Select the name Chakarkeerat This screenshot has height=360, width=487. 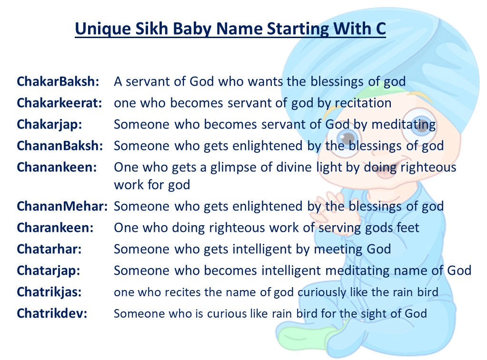click(x=60, y=103)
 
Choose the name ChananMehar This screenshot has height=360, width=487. click(x=62, y=206)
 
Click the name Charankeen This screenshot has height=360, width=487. click(x=55, y=228)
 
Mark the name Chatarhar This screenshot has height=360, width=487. click(x=49, y=249)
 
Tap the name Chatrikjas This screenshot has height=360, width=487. click(x=49, y=292)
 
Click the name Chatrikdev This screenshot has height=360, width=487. click(x=52, y=313)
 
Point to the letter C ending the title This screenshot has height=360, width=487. click(x=381, y=29)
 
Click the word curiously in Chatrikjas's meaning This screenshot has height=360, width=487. click(x=322, y=292)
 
